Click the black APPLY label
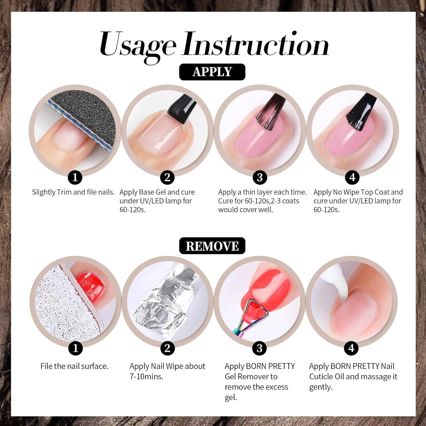click(x=212, y=72)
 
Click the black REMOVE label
click(x=212, y=246)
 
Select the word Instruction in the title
click(x=256, y=44)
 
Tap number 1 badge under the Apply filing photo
click(x=75, y=177)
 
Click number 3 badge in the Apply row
click(x=260, y=177)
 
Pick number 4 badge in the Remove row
click(x=351, y=348)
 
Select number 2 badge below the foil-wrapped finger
click(x=167, y=348)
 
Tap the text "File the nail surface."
click(x=74, y=366)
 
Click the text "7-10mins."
click(x=146, y=376)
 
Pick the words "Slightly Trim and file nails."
click(x=73, y=192)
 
